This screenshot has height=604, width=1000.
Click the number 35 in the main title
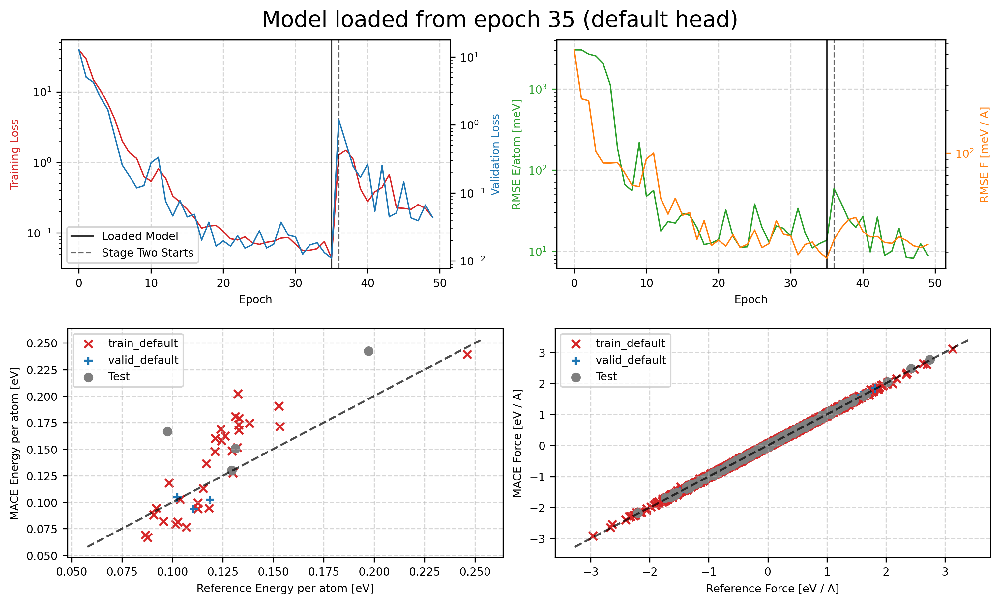(x=561, y=19)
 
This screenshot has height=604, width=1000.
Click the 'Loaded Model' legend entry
(x=140, y=236)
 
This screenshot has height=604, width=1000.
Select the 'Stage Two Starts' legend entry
(x=147, y=253)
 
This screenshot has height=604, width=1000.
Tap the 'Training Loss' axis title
(x=15, y=154)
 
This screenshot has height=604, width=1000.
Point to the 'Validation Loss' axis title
(x=495, y=154)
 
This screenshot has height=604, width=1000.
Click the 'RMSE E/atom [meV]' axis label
(x=516, y=154)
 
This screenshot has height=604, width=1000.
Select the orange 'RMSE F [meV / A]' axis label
(x=984, y=154)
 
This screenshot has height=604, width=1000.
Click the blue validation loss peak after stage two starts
(x=339, y=119)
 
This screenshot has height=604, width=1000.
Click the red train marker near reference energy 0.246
(x=467, y=355)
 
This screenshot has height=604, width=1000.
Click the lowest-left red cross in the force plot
(x=593, y=536)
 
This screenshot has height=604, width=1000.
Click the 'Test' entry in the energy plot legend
(x=119, y=377)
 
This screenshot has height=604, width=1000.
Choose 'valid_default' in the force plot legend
(x=630, y=360)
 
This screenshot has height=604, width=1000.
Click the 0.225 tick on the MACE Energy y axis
(x=42, y=370)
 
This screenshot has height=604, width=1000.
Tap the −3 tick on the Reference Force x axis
(x=591, y=572)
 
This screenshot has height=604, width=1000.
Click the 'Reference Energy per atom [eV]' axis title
(x=285, y=589)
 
